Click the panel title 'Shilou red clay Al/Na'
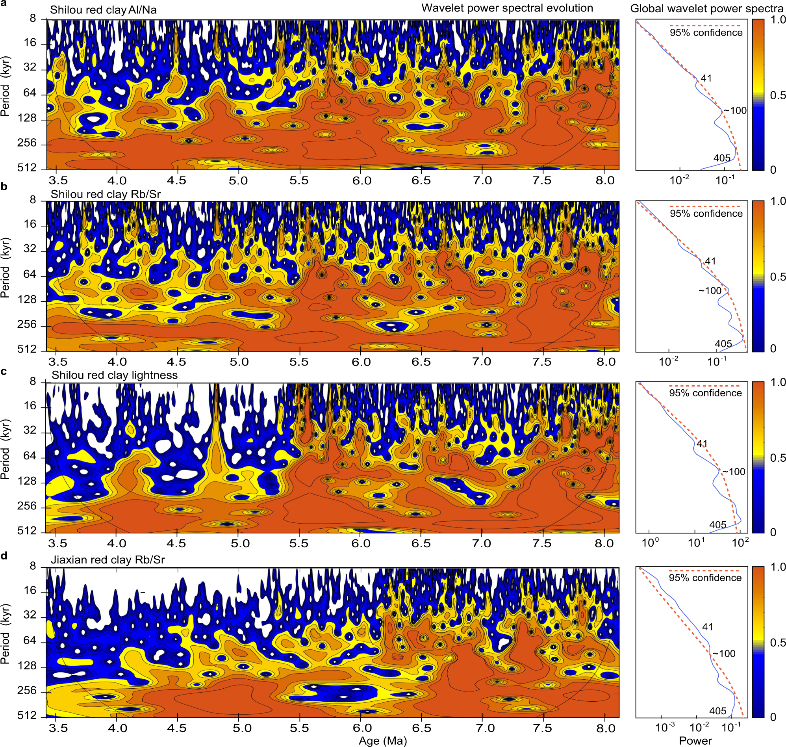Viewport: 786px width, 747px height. pos(103,10)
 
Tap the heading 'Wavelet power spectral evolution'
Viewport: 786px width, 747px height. pos(507,8)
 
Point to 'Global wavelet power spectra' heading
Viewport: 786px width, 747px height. pos(706,9)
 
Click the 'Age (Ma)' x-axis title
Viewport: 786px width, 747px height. pos(382,740)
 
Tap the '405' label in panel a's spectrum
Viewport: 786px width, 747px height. pos(721,158)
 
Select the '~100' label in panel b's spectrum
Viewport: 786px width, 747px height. pos(710,291)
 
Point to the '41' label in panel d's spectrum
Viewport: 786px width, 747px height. pos(707,627)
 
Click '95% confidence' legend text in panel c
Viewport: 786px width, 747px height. pos(705,393)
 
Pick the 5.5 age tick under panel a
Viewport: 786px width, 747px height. pos(299,181)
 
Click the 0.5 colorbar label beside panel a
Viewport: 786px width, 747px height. pos(778,95)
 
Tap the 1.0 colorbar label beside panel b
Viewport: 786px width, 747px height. pos(778,201)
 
